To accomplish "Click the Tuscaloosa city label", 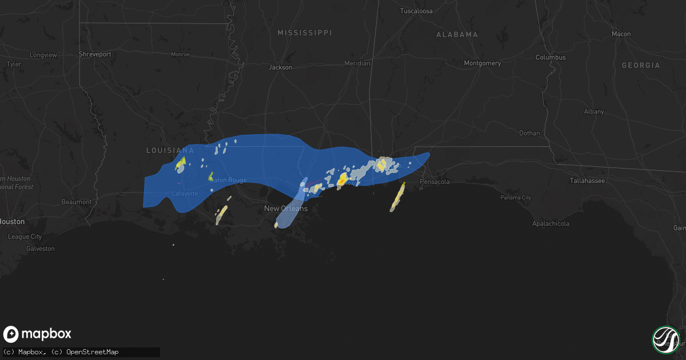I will pos(416,11).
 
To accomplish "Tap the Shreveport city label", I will pos(94,55).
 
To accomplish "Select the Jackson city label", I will pos(280,67).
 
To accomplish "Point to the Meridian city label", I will pos(357,63).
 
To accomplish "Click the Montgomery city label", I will pos(482,63).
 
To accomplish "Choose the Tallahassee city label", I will pos(587,181).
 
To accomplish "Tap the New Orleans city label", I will pos(285,209).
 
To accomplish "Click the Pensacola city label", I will pos(434,182).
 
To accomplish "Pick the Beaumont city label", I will pos(77,202).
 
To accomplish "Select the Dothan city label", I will pos(529,133).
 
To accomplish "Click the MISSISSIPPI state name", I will pos(304,33).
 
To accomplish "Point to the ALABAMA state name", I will pos(457,35).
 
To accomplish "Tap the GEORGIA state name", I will pos(640,66).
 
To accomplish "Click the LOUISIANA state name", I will pos(170,150).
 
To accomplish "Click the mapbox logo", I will pos(38,334).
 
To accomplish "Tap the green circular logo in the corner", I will pos(665,339).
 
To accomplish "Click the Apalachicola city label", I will pos(551,224).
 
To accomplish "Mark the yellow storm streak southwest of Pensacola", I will pos(397,197).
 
